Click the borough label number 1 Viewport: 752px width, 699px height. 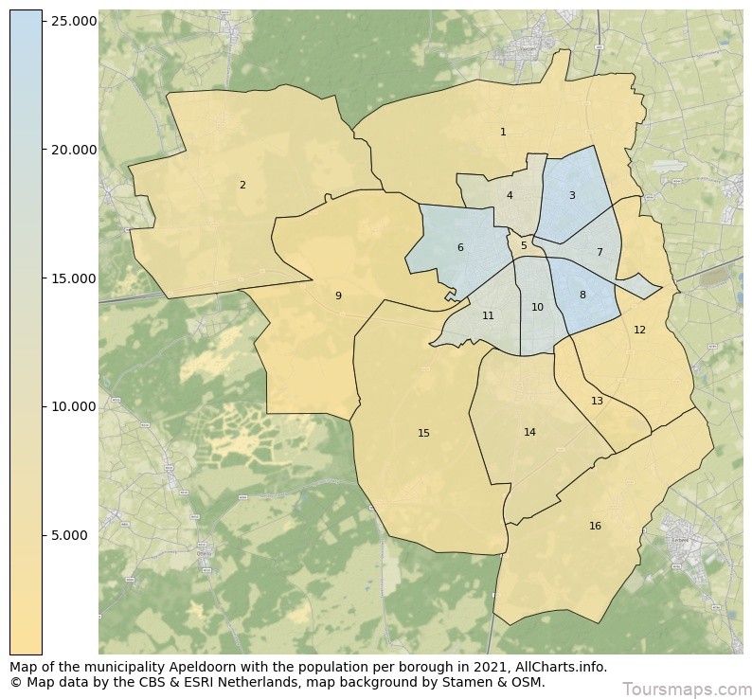503,133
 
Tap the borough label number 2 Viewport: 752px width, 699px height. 242,186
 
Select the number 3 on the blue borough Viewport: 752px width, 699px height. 571,196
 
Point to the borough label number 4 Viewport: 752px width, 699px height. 510,196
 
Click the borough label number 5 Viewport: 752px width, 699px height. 524,246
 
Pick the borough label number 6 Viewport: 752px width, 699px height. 460,248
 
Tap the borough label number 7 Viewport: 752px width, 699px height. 599,253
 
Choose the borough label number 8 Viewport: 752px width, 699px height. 582,296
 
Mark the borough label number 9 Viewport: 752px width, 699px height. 338,296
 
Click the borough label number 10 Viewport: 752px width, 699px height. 537,308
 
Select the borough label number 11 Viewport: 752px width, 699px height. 488,316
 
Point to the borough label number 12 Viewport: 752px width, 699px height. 639,331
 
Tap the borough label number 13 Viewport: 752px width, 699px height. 597,402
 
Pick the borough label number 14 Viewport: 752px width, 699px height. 529,433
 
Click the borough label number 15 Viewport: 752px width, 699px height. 423,434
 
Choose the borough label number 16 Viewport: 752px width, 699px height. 595,527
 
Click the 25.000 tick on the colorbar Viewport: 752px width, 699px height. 72,21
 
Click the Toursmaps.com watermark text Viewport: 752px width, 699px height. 686,689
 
